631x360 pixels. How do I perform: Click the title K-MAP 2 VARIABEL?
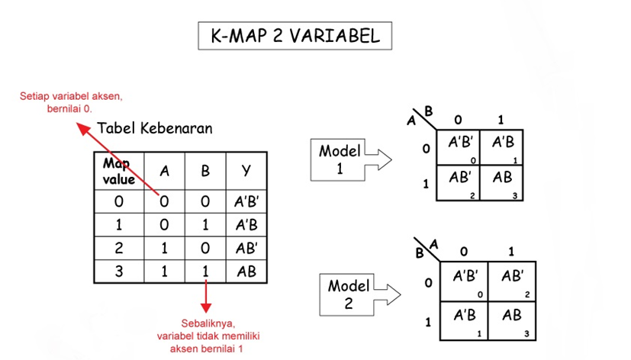coord(295,36)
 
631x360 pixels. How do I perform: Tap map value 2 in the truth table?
coord(119,248)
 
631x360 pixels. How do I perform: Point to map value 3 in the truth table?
coord(119,271)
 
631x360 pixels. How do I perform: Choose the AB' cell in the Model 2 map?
coord(512,280)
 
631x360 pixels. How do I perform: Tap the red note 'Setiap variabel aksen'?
coord(71,102)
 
